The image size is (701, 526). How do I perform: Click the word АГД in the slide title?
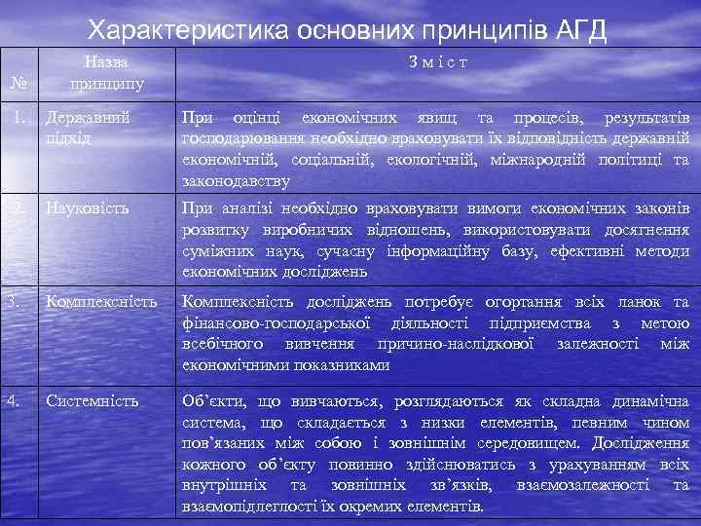[575, 29]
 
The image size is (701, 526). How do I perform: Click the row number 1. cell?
[17, 118]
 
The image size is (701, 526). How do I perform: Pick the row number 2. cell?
[17, 207]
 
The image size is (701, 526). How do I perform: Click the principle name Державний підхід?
[90, 128]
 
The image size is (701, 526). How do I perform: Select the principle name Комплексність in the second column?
[100, 303]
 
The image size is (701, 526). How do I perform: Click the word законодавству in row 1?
[236, 181]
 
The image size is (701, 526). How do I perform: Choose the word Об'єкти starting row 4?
[214, 401]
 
